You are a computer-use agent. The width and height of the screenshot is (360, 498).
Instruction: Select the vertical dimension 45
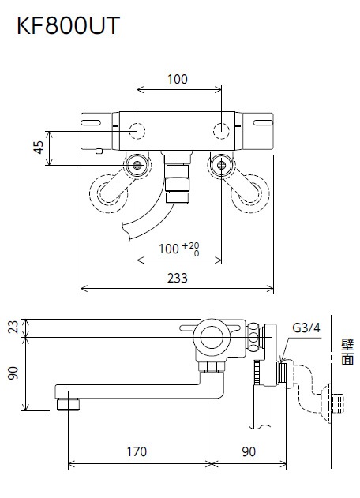pos(36,148)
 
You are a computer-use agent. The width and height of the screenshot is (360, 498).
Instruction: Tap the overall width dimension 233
pos(178,277)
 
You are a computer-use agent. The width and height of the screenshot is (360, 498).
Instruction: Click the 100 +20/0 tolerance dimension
pos(178,249)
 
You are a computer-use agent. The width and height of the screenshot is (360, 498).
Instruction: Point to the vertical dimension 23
pos(11,328)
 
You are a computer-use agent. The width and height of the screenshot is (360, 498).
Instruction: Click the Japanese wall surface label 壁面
pos(347,353)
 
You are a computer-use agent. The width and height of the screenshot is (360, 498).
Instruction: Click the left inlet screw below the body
pos(138,165)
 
